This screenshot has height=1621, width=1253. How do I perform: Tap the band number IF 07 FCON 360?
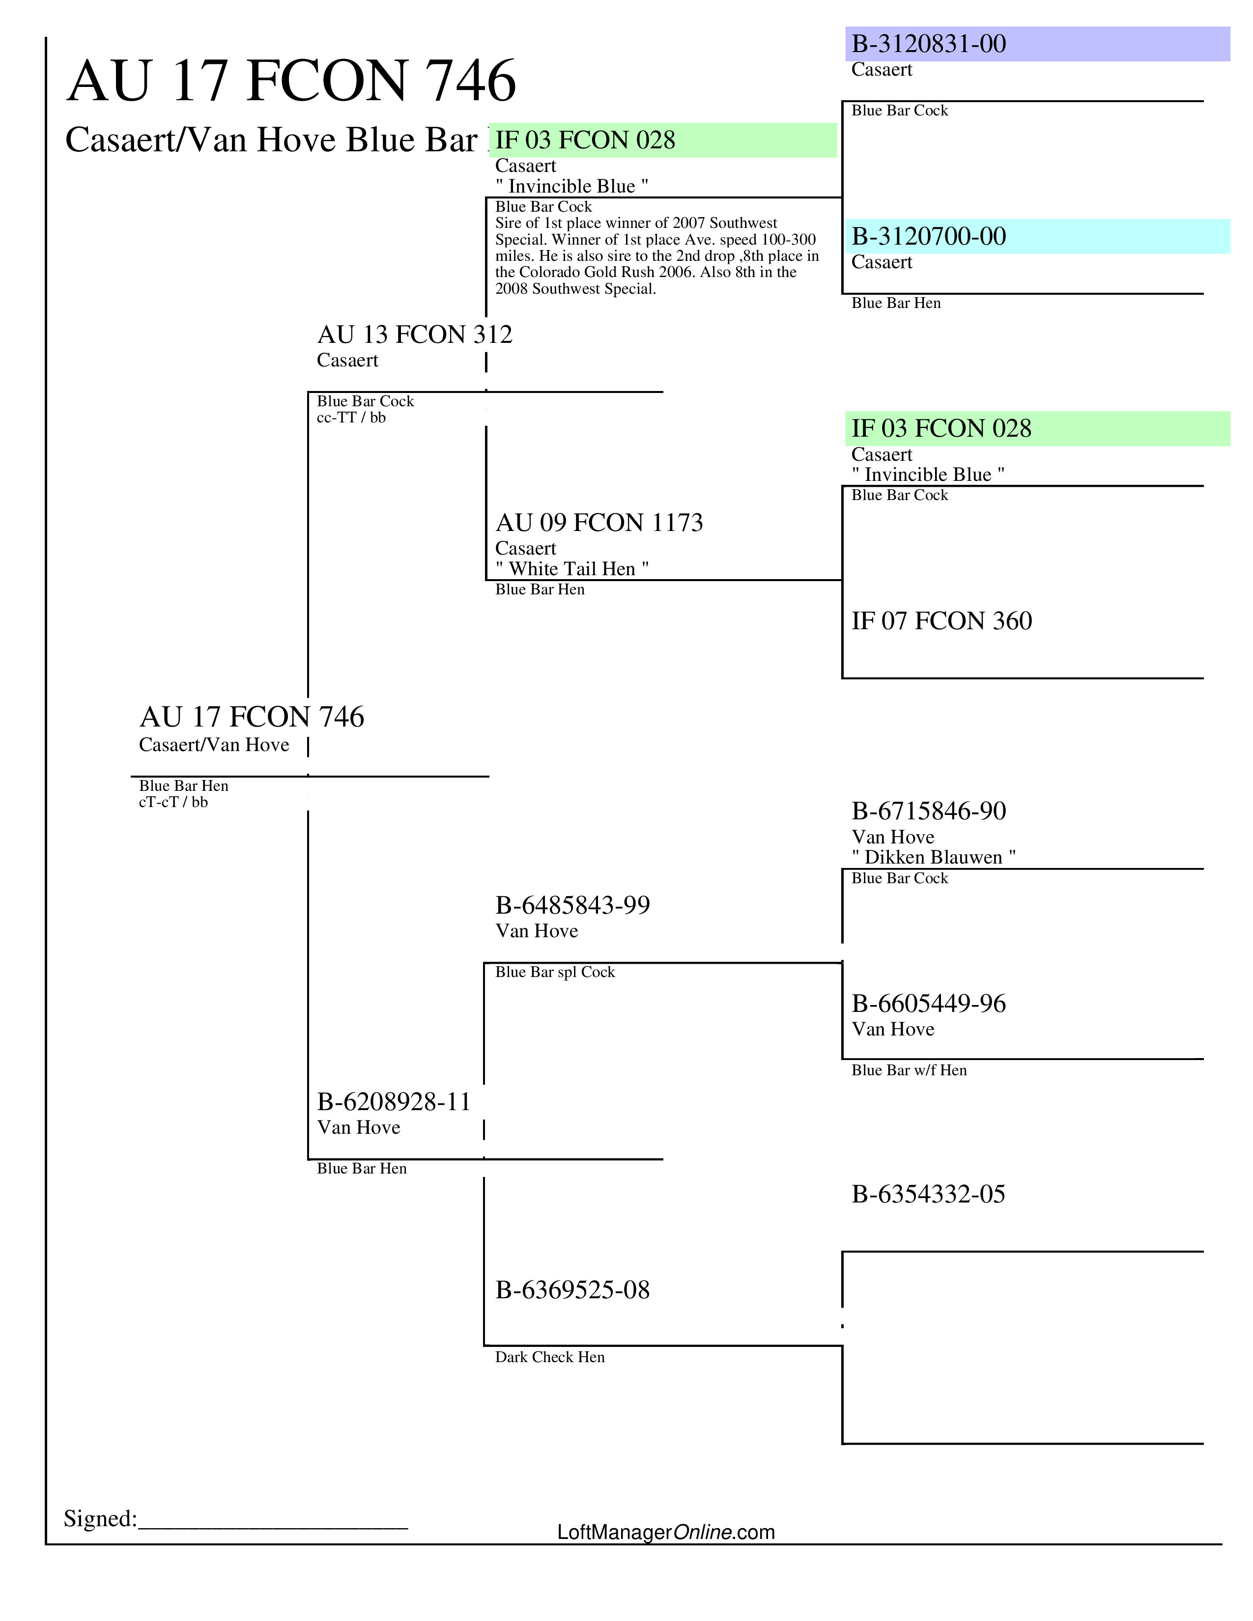[941, 620]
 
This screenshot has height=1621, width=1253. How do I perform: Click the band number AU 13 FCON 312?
[414, 335]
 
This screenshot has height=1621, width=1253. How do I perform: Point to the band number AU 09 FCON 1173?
[598, 523]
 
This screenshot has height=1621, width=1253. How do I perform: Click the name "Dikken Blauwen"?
[933, 857]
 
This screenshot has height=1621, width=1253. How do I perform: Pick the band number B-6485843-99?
[572, 905]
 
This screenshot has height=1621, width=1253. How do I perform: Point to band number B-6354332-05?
[928, 1194]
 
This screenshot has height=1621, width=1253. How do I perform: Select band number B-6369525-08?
[572, 1290]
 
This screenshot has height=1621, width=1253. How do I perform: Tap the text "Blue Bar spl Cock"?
[554, 972]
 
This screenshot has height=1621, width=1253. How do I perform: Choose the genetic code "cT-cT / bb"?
[173, 802]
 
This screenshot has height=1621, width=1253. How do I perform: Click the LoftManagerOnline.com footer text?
[666, 1532]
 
